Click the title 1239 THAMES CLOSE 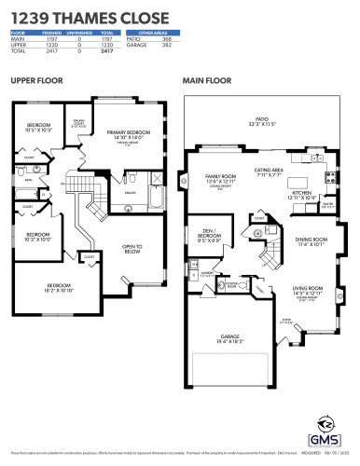click(x=90, y=18)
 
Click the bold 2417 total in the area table click(x=106, y=50)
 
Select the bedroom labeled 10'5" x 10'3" click(x=38, y=128)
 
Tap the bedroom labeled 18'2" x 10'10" click(x=60, y=287)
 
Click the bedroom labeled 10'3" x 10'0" click(x=37, y=236)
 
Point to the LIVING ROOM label click(x=308, y=290)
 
